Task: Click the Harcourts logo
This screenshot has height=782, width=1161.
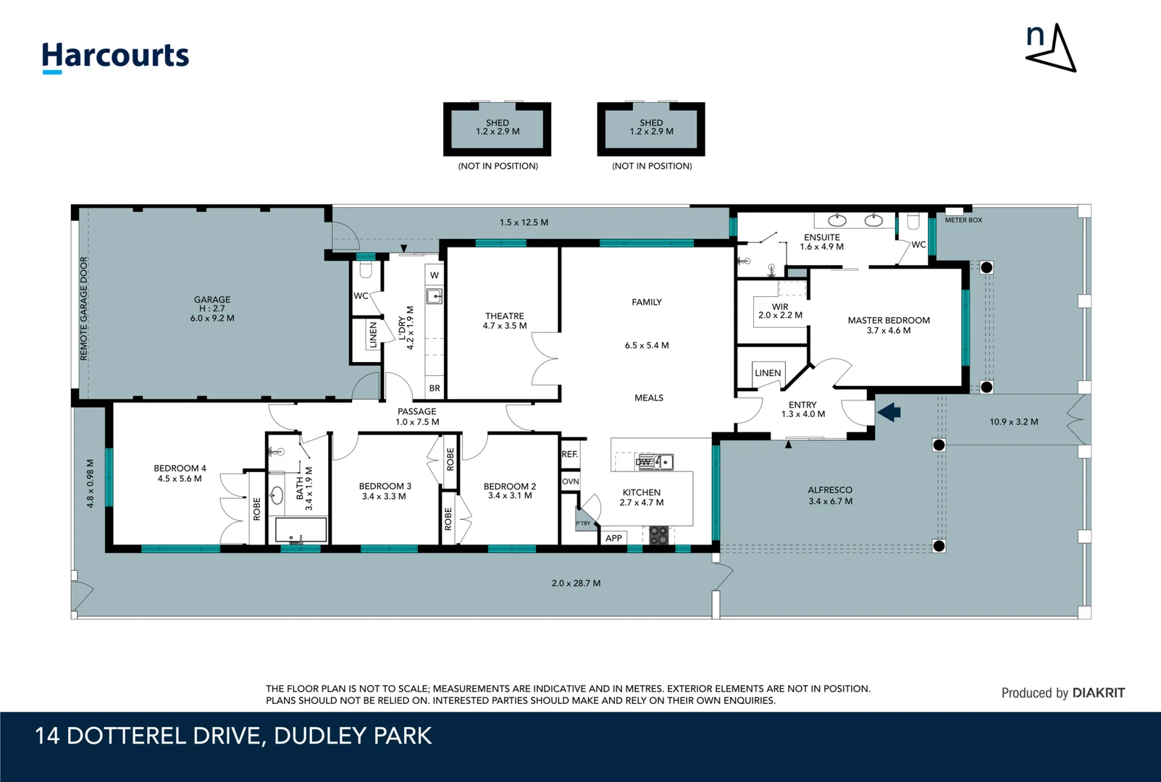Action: [x=116, y=57]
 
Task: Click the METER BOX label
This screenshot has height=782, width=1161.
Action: [x=963, y=220]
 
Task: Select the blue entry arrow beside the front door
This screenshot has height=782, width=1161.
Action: [x=889, y=413]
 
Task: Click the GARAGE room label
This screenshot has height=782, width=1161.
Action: [x=212, y=300]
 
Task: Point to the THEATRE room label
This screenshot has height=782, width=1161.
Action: [x=504, y=316]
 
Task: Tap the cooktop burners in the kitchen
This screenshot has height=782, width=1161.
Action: [x=659, y=535]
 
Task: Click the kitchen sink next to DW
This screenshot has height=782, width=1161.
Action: [x=663, y=461]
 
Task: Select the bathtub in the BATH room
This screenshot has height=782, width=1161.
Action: [x=301, y=529]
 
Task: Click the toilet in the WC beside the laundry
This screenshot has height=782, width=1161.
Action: [x=366, y=269]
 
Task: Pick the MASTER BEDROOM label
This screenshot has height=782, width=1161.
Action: [x=889, y=320]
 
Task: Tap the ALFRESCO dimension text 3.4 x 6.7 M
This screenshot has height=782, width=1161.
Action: [x=830, y=501]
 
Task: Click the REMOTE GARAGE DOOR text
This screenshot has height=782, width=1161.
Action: [x=83, y=308]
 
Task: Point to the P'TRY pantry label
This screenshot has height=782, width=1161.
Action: [x=583, y=524]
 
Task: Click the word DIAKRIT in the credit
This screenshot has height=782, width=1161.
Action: [x=1098, y=693]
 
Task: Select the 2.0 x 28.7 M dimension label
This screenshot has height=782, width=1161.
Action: [x=576, y=583]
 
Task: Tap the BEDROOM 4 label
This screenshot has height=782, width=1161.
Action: [x=180, y=468]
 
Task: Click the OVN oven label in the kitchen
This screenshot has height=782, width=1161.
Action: [x=570, y=482]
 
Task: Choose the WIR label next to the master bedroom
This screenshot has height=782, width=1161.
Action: [x=780, y=307]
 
